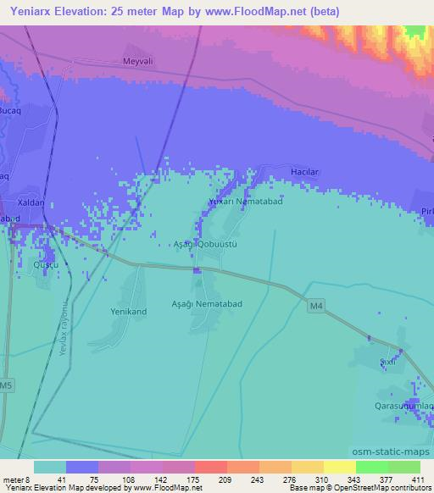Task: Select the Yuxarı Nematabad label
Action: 246,202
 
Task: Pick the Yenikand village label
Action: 129,311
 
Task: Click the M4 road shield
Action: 316,307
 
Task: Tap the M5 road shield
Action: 7,386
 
